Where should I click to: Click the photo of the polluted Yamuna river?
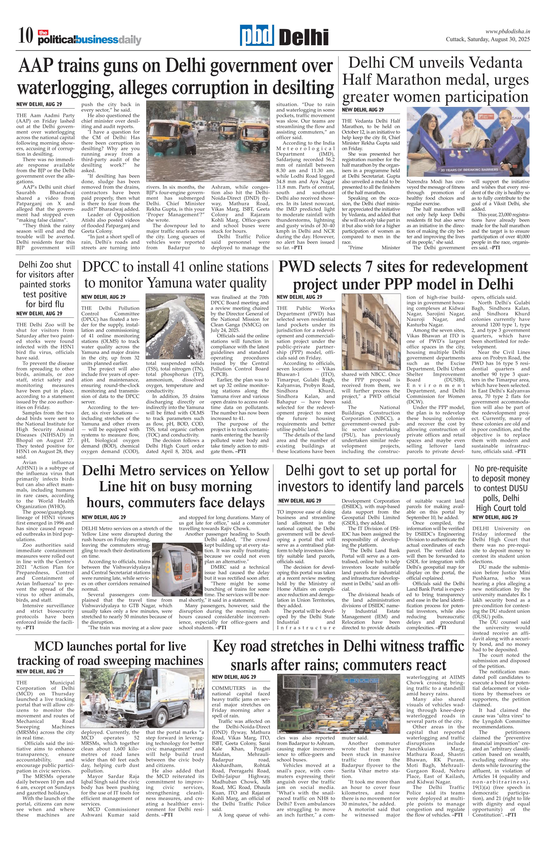tap(175, 326)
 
